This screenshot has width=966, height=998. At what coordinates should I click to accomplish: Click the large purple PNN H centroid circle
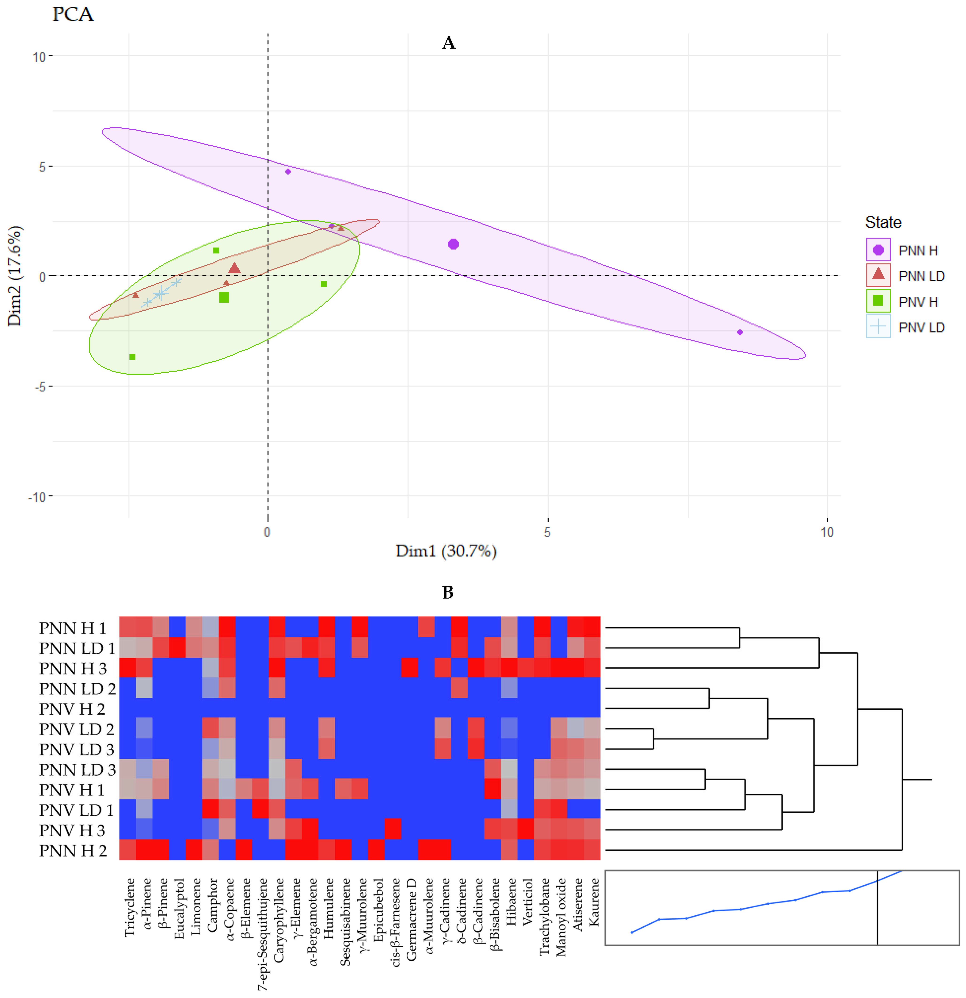(x=453, y=244)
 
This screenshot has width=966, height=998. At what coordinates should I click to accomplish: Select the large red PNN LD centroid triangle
(x=234, y=268)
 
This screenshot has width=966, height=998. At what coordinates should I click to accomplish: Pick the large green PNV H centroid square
(x=224, y=297)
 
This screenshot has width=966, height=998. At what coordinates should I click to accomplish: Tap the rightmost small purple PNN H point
(x=740, y=333)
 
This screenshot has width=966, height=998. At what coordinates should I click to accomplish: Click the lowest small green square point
(x=132, y=357)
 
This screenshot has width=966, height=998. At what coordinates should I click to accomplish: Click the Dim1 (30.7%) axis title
(x=446, y=551)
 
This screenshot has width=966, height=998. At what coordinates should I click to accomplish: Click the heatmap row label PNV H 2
(x=72, y=709)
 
